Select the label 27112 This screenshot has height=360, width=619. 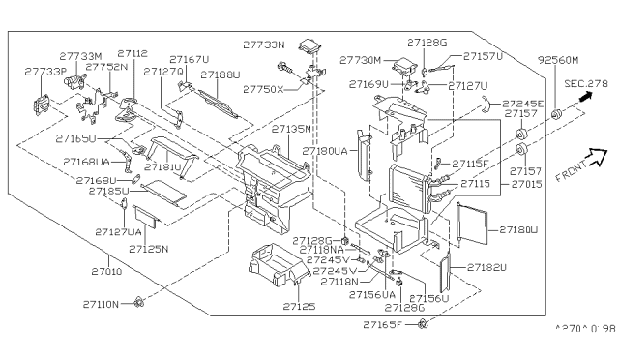pos(133,55)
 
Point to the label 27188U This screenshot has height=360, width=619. pos(221,75)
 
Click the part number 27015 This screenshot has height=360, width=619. pos(528,183)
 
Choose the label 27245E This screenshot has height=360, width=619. pos(526,104)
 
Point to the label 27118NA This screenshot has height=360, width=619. pos(327,250)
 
